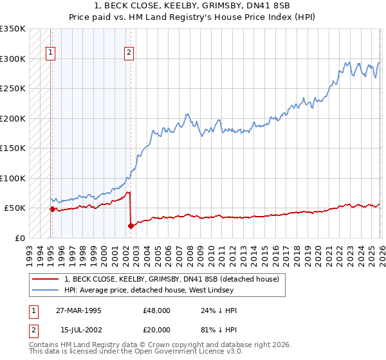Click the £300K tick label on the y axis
pyautogui.click(x=13, y=59)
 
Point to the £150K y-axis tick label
pyautogui.click(x=13, y=148)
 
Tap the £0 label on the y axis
pyautogui.click(x=19, y=238)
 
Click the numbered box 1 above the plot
pyautogui.click(x=51, y=53)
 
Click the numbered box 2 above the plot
pyautogui.click(x=129, y=53)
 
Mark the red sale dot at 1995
pyautogui.click(x=51, y=209)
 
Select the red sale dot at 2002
pyautogui.click(x=130, y=226)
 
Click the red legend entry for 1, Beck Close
pyautogui.click(x=171, y=279)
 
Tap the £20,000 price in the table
pyautogui.click(x=157, y=329)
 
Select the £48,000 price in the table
pyautogui.click(x=157, y=310)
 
